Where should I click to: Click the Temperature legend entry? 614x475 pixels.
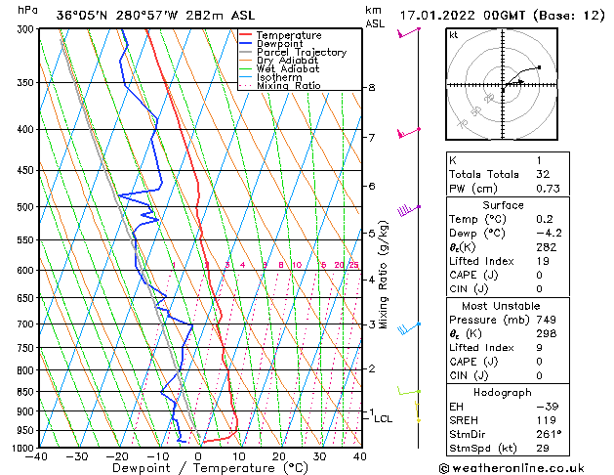(x=289, y=35)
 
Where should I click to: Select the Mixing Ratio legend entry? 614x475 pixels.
(x=288, y=86)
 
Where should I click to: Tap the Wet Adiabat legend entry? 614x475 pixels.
(x=288, y=69)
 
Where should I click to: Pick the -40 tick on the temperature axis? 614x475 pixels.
(x=37, y=456)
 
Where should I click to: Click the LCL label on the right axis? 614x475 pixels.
(x=384, y=418)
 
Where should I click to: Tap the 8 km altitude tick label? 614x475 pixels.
(x=371, y=88)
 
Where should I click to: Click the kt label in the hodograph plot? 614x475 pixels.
(x=454, y=34)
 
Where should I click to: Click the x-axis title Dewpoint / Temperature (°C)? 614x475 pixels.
(x=198, y=468)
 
